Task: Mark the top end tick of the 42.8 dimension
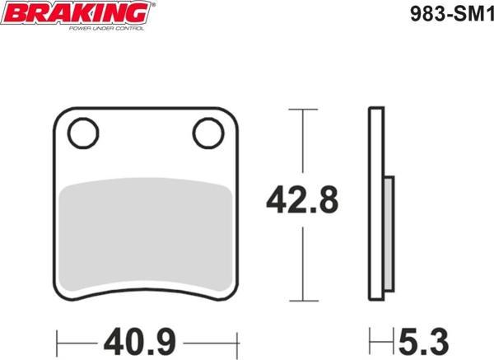pyautogui.click(x=304, y=108)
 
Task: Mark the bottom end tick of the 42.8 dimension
pyautogui.click(x=304, y=301)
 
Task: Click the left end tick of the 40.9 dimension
pyautogui.click(x=56, y=339)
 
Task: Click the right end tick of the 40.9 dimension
pyautogui.click(x=238, y=339)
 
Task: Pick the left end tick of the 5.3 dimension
pyautogui.click(x=370, y=339)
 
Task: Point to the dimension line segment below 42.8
pyautogui.click(x=304, y=264)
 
